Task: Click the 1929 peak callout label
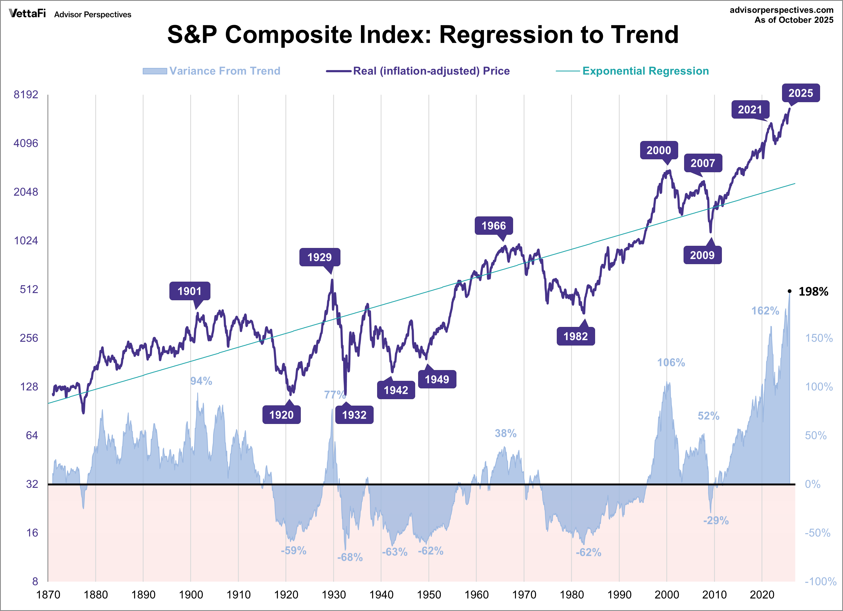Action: point(320,257)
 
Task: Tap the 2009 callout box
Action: point(702,255)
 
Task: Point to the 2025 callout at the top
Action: point(801,93)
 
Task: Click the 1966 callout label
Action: point(494,226)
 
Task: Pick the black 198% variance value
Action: point(813,292)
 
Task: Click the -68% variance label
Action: point(350,557)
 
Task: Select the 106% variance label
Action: point(671,362)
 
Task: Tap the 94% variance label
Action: point(201,381)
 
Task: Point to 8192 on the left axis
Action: point(26,94)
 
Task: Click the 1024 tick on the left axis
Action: point(26,241)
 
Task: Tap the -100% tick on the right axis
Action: point(820,581)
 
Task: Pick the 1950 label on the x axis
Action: point(429,595)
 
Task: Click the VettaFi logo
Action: point(28,14)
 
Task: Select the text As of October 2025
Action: point(794,20)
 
